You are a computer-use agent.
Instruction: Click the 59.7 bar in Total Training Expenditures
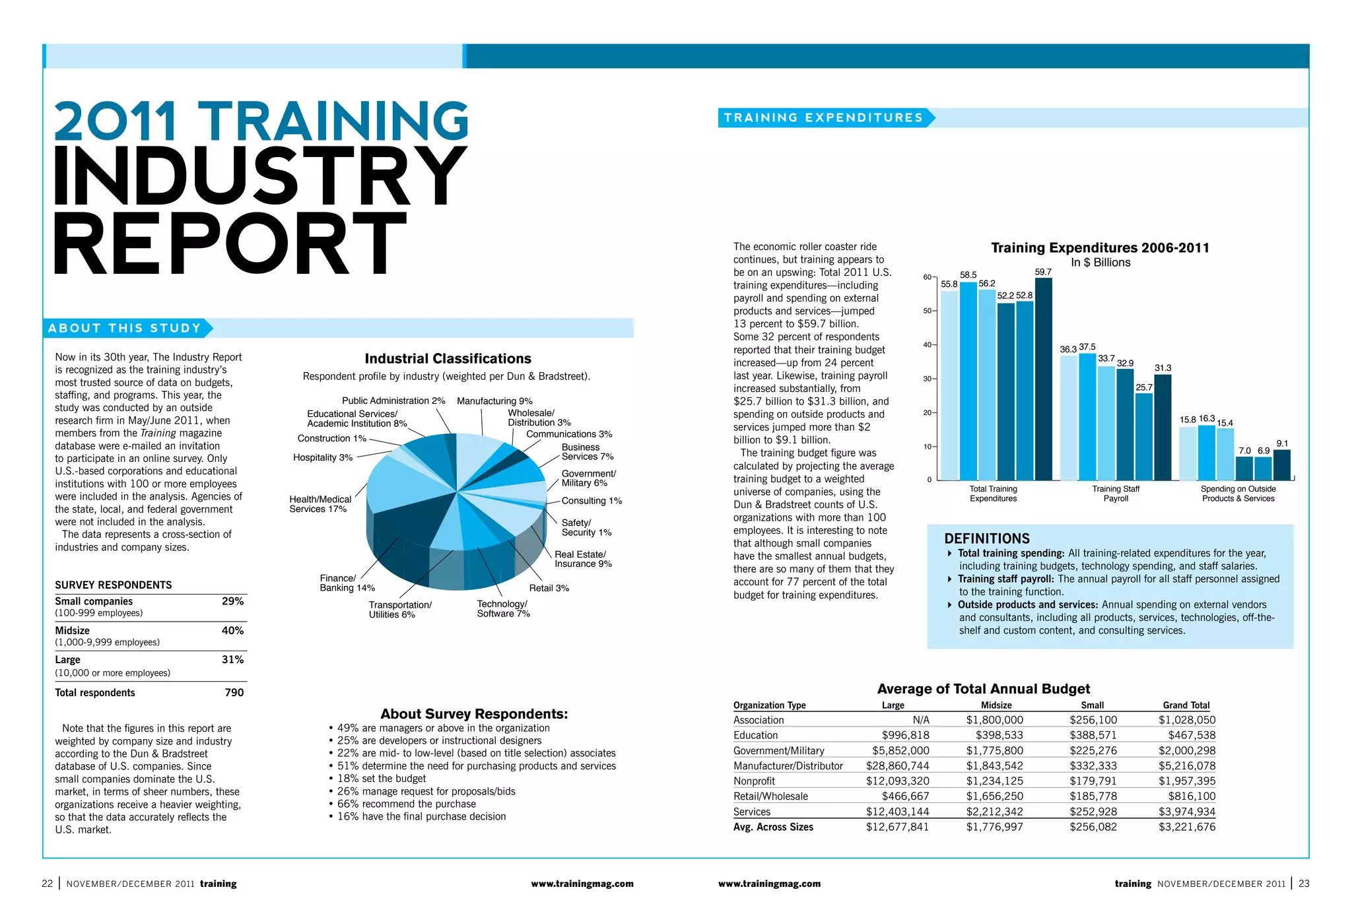coord(1043,379)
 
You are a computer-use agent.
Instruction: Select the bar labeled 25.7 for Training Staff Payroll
coord(1143,436)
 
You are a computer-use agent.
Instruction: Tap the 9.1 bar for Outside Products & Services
coord(1281,465)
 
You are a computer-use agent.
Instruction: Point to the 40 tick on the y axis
coord(928,345)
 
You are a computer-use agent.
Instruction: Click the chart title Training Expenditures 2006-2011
coord(1100,248)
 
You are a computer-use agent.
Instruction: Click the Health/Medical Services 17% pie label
coord(320,504)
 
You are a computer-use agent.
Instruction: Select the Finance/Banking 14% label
coord(347,583)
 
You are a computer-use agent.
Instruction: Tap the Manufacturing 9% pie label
coord(494,401)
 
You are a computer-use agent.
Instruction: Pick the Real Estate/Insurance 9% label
coord(583,559)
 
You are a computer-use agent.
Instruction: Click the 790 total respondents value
coord(234,693)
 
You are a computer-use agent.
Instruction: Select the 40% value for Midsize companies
coord(232,631)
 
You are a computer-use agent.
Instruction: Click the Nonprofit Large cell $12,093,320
coord(897,781)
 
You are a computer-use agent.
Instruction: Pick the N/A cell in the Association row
coord(920,721)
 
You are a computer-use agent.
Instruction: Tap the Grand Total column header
coord(1186,705)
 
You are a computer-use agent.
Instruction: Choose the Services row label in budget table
coord(752,812)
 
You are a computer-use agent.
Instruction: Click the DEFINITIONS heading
coord(986,538)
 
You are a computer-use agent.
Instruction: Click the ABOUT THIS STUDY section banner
coord(125,329)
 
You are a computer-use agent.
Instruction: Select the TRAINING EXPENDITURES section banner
coord(823,118)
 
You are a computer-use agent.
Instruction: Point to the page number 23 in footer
coord(1304,884)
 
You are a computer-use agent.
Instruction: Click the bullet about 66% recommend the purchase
coord(406,804)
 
